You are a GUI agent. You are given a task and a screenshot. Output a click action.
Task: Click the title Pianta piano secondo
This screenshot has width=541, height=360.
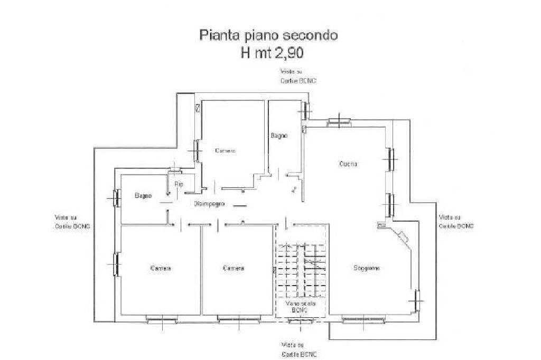(268, 36)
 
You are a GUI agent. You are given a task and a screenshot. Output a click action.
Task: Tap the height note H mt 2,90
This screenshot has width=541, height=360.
(273, 53)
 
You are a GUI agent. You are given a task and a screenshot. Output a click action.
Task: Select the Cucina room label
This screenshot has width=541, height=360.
(348, 164)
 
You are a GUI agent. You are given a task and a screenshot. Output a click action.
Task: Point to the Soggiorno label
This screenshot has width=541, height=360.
(366, 268)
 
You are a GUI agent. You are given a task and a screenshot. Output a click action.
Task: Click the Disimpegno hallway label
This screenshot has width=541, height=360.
(210, 203)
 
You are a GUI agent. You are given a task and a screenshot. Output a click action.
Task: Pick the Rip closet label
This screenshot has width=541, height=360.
(179, 184)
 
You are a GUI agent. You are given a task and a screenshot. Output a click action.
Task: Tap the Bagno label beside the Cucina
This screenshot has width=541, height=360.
(279, 136)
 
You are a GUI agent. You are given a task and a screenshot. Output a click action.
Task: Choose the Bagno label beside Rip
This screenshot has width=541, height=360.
(143, 196)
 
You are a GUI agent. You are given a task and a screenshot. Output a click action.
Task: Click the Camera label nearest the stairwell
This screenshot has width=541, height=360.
(234, 268)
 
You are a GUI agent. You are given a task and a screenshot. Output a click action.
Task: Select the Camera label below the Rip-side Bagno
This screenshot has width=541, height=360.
(160, 268)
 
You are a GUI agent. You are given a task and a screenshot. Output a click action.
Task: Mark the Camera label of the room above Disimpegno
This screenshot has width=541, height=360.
(225, 151)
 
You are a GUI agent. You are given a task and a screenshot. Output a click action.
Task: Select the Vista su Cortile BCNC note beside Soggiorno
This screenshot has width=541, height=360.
(455, 221)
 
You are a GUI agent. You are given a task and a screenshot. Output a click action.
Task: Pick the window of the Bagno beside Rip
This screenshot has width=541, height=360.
(115, 198)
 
